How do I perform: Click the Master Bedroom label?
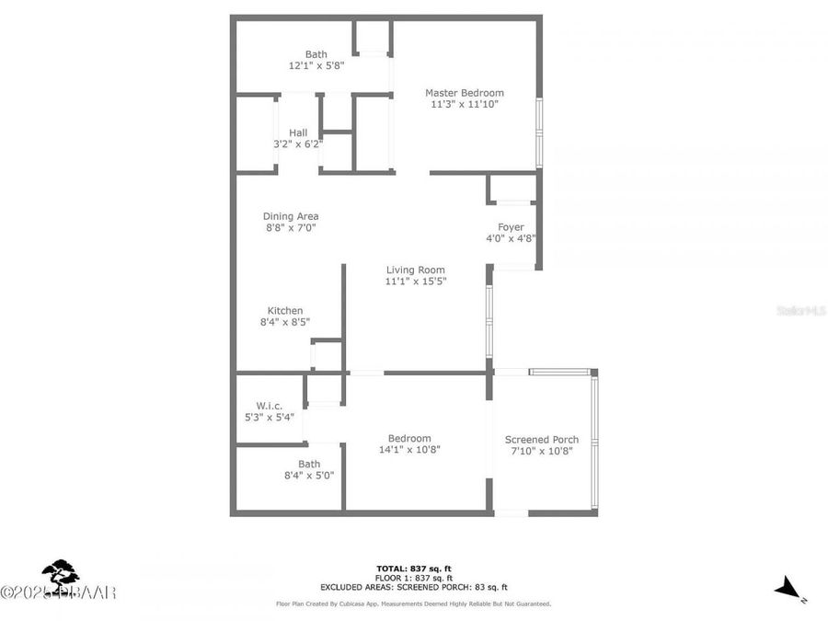(464, 93)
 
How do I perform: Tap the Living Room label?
(415, 270)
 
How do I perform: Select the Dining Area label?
(291, 216)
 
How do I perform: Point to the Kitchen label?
(285, 310)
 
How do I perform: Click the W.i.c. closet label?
(269, 406)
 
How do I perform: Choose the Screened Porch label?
(542, 440)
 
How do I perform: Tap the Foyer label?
(511, 227)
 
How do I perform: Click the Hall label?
(298, 132)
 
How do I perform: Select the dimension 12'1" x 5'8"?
(316, 66)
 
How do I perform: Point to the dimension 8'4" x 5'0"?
(308, 476)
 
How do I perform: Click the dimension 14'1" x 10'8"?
(409, 450)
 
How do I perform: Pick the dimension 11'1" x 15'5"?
(415, 282)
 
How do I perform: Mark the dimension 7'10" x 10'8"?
(542, 451)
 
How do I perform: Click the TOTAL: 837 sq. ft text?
(413, 568)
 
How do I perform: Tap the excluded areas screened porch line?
(413, 586)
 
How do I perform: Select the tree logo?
(61, 574)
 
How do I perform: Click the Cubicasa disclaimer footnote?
(413, 604)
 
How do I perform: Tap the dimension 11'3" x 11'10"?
(464, 104)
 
